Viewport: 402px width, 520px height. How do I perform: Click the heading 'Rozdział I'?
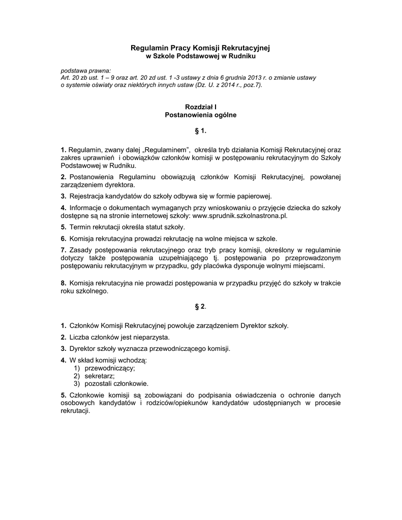tap(201, 108)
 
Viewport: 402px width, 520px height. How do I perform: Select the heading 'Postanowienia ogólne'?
tap(201, 115)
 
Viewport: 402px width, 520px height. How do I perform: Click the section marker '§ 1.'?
tap(201, 132)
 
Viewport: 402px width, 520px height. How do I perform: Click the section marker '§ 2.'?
tap(201, 307)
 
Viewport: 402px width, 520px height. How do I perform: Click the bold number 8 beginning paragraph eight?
tap(63, 282)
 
